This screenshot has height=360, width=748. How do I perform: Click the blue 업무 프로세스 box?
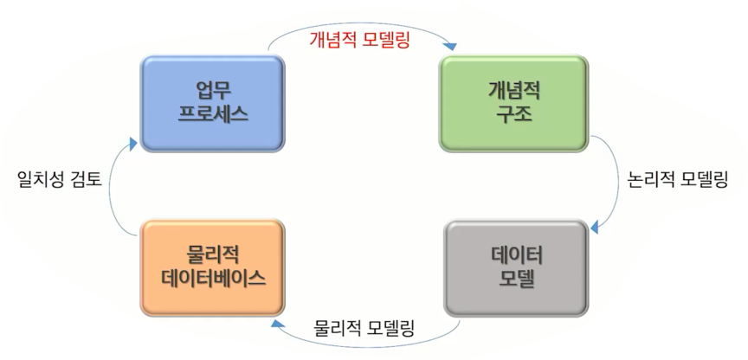pos(212,102)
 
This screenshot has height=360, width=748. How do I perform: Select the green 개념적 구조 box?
pos(514,102)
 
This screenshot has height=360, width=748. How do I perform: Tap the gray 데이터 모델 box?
pos(516,267)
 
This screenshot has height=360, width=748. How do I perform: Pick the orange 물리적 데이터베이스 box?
pos(212,267)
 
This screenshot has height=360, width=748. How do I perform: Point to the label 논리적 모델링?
pos(676,180)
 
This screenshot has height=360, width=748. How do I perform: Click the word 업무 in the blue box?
pos(213,90)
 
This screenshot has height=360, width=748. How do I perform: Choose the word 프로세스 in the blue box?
pos(213,114)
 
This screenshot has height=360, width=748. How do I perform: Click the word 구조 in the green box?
pos(514,114)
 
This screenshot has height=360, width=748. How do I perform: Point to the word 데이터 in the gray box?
pos(516,255)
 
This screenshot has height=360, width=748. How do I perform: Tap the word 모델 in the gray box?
pos(516,280)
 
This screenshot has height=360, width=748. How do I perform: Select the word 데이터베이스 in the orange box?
pos(213,279)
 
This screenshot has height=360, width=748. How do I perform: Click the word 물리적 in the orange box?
pos(213,254)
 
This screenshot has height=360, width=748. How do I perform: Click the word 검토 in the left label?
pos(85,179)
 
